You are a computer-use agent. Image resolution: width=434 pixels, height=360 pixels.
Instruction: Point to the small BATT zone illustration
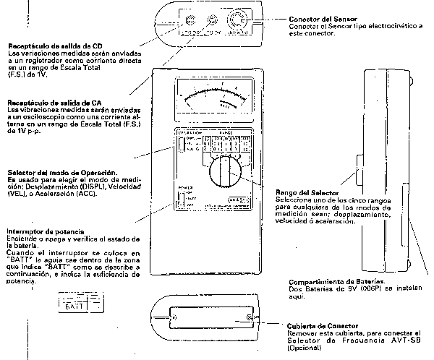tap(73, 304)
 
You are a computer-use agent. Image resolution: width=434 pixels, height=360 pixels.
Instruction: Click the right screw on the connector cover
tap(250, 319)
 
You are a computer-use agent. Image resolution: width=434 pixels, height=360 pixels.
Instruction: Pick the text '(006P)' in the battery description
tap(362, 288)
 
